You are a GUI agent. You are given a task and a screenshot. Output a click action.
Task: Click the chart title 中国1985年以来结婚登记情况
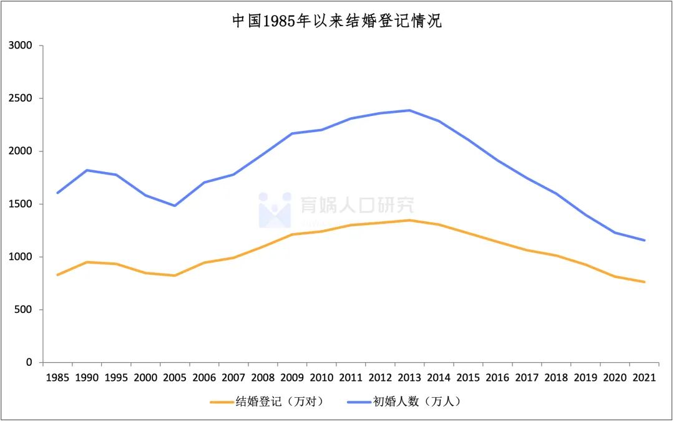click(x=336, y=21)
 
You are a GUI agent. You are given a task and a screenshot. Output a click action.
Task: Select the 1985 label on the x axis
click(x=57, y=378)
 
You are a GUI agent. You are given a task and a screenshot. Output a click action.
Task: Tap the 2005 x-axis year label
click(x=175, y=378)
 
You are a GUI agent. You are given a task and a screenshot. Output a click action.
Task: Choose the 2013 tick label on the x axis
click(x=409, y=378)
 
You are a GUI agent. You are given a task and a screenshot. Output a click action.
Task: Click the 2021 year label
click(x=643, y=378)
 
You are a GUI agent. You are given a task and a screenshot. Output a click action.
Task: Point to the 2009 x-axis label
click(x=292, y=378)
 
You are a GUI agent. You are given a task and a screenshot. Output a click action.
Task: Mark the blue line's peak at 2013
click(x=409, y=110)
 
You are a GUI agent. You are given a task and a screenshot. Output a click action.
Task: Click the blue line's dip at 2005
click(x=175, y=206)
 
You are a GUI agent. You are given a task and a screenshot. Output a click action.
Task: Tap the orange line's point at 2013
click(x=409, y=220)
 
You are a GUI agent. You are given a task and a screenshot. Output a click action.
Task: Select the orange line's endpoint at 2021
click(x=644, y=282)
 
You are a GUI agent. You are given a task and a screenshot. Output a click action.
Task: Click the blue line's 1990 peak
click(x=87, y=170)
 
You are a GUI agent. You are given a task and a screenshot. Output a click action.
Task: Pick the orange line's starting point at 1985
click(x=57, y=275)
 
